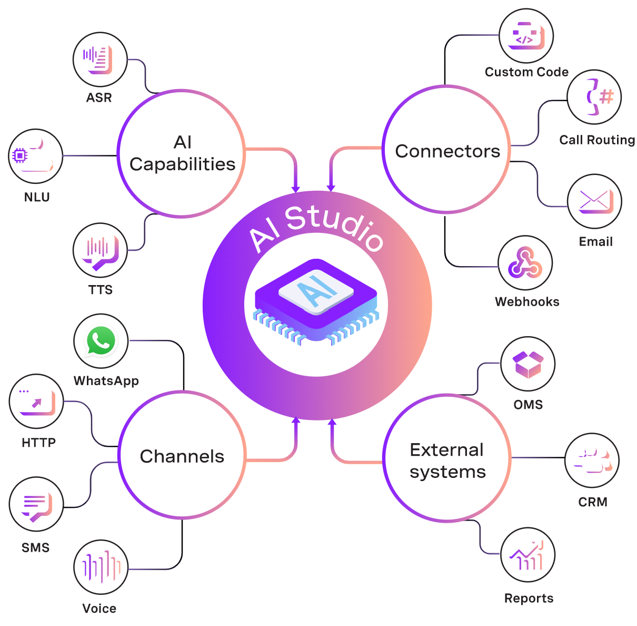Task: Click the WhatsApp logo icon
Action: [x=101, y=341]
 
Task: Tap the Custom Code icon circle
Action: [x=526, y=36]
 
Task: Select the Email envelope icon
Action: [x=594, y=201]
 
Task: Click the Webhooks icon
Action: [x=525, y=263]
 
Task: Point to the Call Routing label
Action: [x=597, y=140]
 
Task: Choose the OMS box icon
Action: [x=527, y=364]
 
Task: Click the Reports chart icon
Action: [x=527, y=555]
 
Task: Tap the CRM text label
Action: [x=593, y=502]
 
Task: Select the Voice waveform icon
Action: [x=101, y=568]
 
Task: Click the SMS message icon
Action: [x=36, y=504]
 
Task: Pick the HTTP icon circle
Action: [x=36, y=402]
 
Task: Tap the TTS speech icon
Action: [x=100, y=250]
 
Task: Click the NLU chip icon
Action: [x=36, y=156]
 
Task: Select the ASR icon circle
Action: [x=99, y=60]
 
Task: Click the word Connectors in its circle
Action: [x=447, y=151]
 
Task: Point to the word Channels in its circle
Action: [x=182, y=456]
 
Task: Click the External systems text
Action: [x=447, y=461]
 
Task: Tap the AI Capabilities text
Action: [x=182, y=153]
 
